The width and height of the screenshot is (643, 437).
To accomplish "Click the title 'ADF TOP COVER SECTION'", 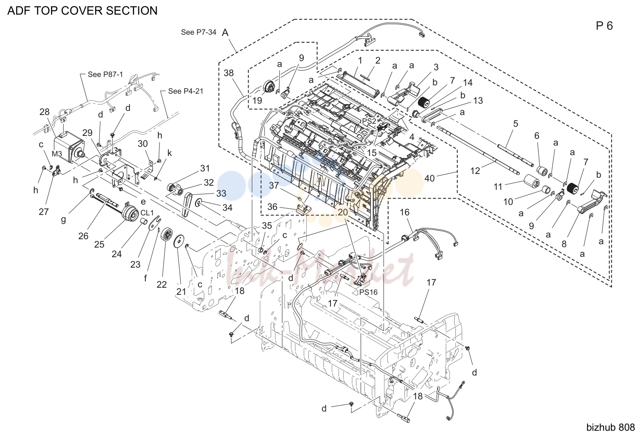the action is tap(82, 10).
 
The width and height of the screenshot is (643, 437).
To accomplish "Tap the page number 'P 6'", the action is tap(604, 26).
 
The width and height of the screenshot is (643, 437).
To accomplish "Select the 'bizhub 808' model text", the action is tap(610, 427).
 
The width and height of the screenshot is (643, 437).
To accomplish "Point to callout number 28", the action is tap(44, 112).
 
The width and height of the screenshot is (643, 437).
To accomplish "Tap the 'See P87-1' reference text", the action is tap(105, 74).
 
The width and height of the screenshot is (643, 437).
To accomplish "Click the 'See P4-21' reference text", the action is tap(186, 91).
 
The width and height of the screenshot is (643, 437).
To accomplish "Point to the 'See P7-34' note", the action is tap(198, 32).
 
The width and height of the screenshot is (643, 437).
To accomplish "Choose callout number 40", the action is tap(430, 179).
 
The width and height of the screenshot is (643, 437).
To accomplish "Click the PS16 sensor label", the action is tap(368, 292).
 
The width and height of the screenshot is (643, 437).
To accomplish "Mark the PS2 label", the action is tap(369, 121).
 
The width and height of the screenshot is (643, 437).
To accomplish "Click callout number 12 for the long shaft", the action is tap(475, 171).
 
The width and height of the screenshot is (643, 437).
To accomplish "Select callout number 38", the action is tap(229, 73).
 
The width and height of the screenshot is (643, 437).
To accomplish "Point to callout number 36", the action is tap(272, 207).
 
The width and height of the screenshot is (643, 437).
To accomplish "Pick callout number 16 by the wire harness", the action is tap(404, 212).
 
